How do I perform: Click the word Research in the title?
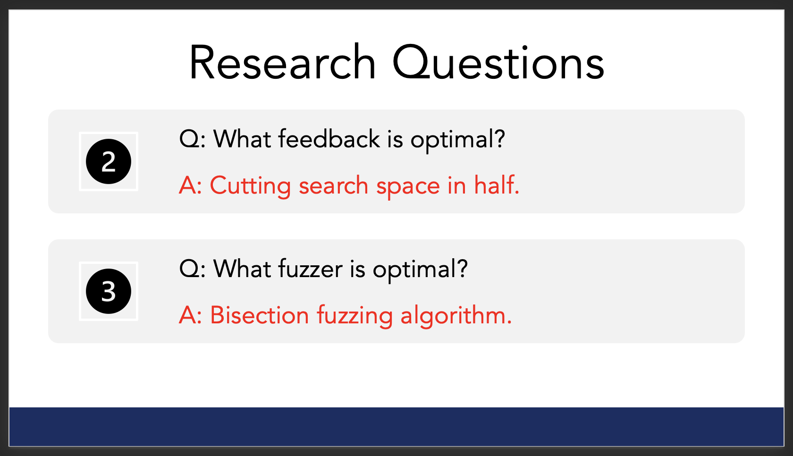(x=282, y=62)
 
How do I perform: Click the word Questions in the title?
(x=498, y=62)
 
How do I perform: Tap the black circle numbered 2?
(x=109, y=161)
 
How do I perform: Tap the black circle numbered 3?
(x=109, y=291)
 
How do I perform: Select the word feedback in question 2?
(x=329, y=139)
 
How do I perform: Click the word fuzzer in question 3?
(x=311, y=269)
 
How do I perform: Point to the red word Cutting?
(x=250, y=186)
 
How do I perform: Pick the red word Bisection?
(x=260, y=315)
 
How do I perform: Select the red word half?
(x=497, y=185)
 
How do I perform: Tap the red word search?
(x=333, y=185)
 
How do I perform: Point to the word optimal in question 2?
(x=458, y=140)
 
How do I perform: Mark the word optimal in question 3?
(x=420, y=270)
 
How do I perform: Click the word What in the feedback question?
(x=242, y=139)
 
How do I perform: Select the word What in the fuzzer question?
(x=242, y=269)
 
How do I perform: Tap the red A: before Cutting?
(x=191, y=185)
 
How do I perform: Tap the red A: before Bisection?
(x=191, y=315)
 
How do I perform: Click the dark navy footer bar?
(x=396, y=427)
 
